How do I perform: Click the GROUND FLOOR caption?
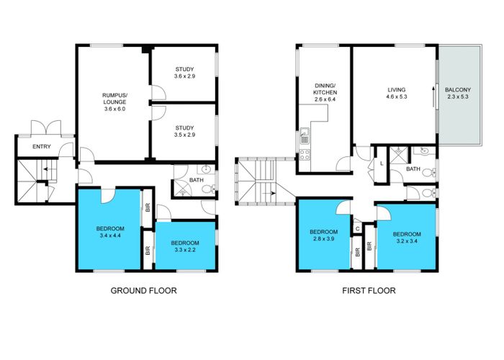coord(143,291)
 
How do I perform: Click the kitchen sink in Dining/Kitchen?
coord(305,132)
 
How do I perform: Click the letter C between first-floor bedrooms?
coord(357,229)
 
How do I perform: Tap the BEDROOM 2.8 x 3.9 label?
coord(323,236)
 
